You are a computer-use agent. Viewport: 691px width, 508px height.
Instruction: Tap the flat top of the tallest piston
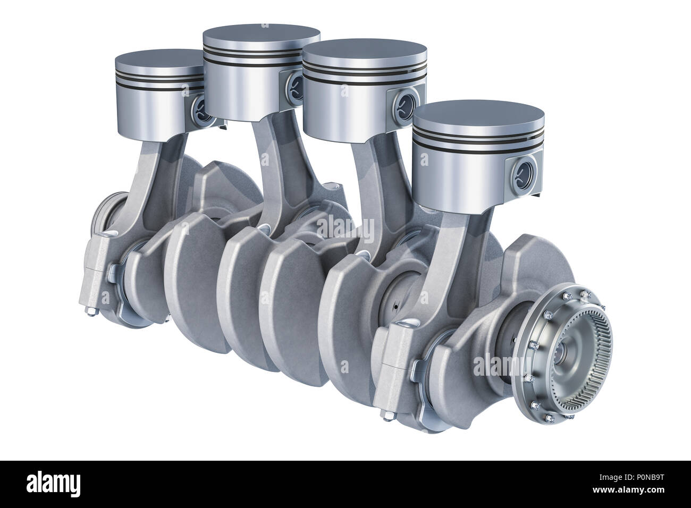[x=262, y=38]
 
